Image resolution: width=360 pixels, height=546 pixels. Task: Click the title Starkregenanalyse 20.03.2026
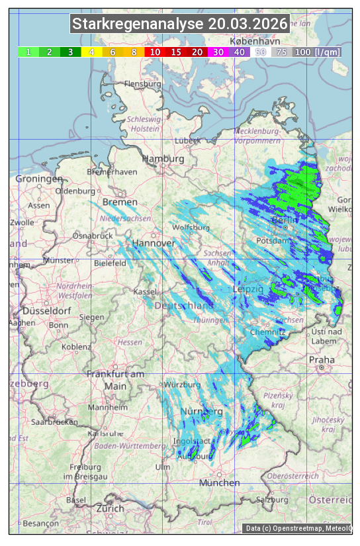(180, 24)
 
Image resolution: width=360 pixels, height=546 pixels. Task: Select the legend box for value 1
(28, 52)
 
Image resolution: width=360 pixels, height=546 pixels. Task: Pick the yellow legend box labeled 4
(92, 52)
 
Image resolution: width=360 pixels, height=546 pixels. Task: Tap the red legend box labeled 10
(155, 52)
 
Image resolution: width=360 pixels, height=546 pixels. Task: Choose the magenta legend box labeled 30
(218, 52)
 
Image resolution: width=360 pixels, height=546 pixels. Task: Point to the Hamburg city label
(163, 159)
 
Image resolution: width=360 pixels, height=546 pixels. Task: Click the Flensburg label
(142, 84)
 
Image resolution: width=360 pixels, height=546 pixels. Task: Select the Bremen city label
(120, 202)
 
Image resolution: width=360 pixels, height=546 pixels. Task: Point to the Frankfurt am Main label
(115, 380)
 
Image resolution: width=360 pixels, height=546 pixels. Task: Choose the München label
(219, 483)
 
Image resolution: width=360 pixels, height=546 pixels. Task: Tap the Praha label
(322, 359)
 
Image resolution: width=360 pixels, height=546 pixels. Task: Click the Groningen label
(39, 179)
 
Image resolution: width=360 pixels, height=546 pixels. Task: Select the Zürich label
(110, 508)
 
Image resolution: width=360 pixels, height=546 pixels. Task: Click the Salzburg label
(273, 500)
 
